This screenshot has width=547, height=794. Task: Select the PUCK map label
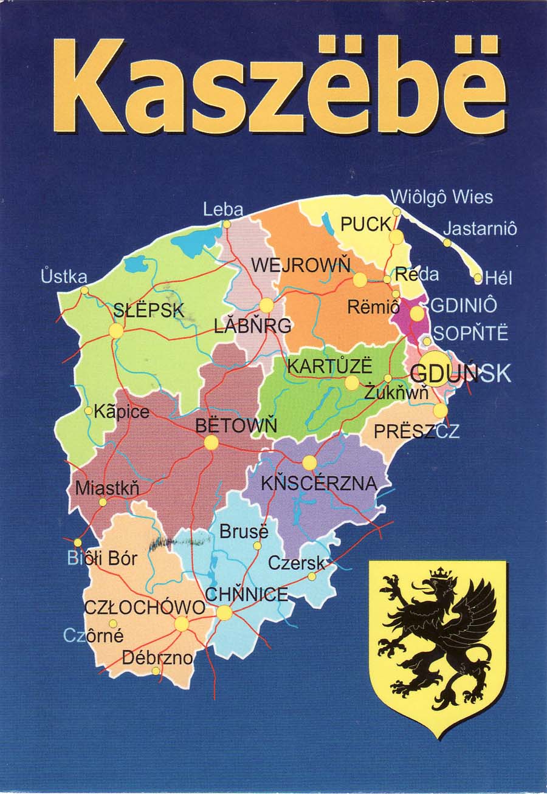pyautogui.click(x=365, y=224)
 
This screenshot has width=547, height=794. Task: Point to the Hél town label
pyautogui.click(x=500, y=278)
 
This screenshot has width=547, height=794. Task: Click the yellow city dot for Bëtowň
pyautogui.click(x=211, y=442)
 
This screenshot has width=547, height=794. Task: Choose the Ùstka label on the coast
pyautogui.click(x=64, y=276)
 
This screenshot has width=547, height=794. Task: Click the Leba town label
pyautogui.click(x=223, y=210)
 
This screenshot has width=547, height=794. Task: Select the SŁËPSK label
pyautogui.click(x=148, y=310)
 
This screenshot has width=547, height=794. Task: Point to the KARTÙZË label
pyautogui.click(x=329, y=367)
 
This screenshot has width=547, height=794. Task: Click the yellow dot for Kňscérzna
pyautogui.click(x=309, y=463)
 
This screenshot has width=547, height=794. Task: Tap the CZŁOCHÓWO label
pyautogui.click(x=145, y=607)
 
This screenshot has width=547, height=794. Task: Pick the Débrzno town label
pyautogui.click(x=157, y=657)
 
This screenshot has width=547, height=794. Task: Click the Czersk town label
pyautogui.click(x=297, y=563)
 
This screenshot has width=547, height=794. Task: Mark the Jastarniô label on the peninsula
pyautogui.click(x=480, y=229)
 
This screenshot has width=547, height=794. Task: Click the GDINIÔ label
pyautogui.click(x=464, y=305)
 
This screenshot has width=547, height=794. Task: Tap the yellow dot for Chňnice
pyautogui.click(x=224, y=612)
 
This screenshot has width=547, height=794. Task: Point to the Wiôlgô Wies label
pyautogui.click(x=441, y=197)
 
